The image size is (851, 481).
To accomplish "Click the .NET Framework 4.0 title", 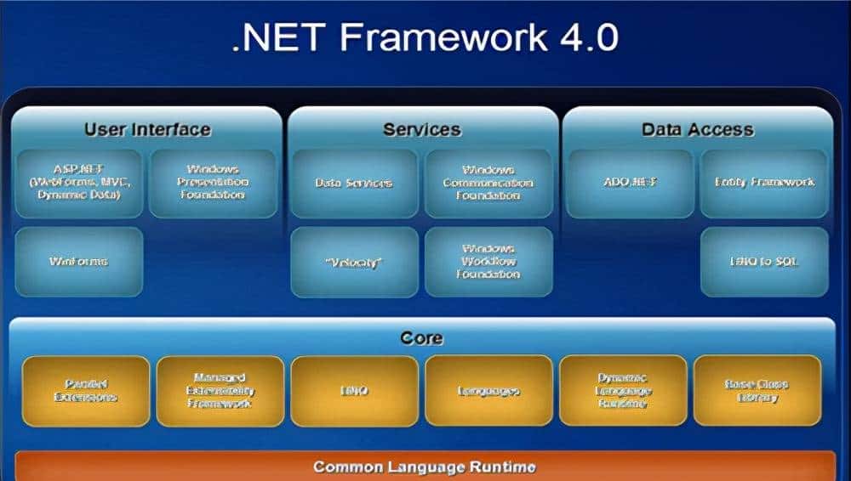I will (425, 39).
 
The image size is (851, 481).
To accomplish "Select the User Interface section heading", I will (147, 130).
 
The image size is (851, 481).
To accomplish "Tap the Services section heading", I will (422, 130).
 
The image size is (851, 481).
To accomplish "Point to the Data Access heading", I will (697, 130).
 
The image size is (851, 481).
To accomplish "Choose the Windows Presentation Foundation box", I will (213, 183).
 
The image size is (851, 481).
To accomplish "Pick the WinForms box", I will (79, 261).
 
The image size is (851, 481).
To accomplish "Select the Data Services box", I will (354, 183).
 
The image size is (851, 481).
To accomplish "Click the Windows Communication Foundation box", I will (488, 183).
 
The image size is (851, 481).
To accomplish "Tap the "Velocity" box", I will (354, 262).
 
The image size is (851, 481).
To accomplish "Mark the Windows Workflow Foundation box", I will (488, 262).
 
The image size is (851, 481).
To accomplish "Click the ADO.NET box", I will (631, 183).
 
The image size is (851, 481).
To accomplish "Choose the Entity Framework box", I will (764, 183).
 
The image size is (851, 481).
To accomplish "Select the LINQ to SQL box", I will (764, 262).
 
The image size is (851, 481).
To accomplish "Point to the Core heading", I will (422, 338).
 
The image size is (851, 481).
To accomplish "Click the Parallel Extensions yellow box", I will (85, 391).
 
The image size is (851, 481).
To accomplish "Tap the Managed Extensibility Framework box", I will (220, 391).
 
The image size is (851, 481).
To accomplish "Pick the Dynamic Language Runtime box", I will (623, 391).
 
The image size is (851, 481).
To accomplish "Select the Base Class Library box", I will (757, 391).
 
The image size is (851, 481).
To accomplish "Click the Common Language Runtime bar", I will (425, 467).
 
